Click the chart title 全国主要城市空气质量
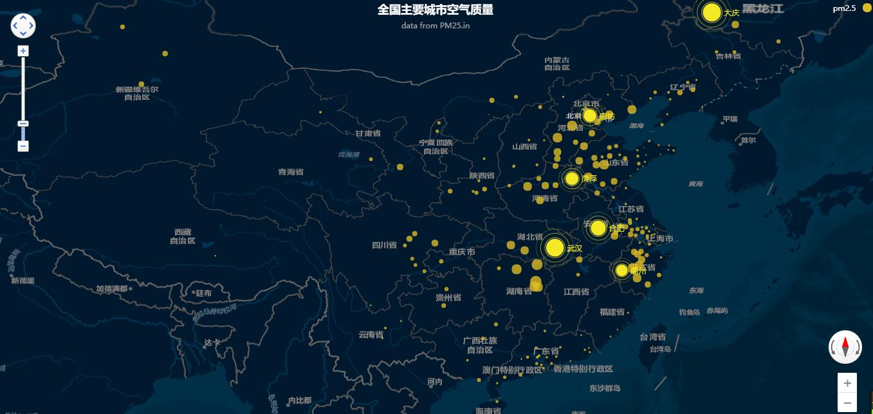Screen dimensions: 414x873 pyautogui.click(x=436, y=10)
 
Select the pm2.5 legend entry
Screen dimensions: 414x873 pyautogui.click(x=844, y=8)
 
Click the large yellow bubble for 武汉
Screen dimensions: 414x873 pyautogui.click(x=555, y=247)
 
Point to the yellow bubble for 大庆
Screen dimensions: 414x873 pyautogui.click(x=712, y=12)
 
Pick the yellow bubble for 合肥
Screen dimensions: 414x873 pyautogui.click(x=598, y=228)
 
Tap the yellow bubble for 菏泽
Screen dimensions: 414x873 pyautogui.click(x=572, y=178)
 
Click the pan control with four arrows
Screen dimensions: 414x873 pyautogui.click(x=23, y=26)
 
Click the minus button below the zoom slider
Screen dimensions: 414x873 pyautogui.click(x=23, y=146)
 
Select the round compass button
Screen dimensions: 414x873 pyautogui.click(x=845, y=347)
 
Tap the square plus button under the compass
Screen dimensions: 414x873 pyautogui.click(x=847, y=383)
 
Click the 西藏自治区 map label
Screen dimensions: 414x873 pyautogui.click(x=183, y=236)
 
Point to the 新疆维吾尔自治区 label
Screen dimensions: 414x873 pyautogui.click(x=137, y=93)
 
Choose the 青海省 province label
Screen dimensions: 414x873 pyautogui.click(x=291, y=172)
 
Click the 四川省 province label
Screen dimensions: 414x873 pyautogui.click(x=385, y=245)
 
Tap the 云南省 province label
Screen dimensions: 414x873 pyautogui.click(x=371, y=335)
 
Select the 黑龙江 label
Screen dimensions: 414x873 pyautogui.click(x=763, y=9)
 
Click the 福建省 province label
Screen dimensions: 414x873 pyautogui.click(x=612, y=312)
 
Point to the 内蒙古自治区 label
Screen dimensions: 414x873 pyautogui.click(x=557, y=63)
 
